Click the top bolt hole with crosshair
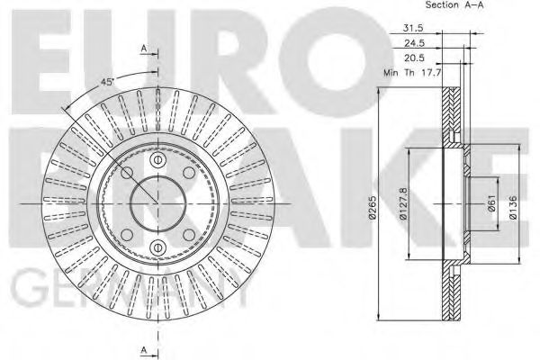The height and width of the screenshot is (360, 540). click(157, 160)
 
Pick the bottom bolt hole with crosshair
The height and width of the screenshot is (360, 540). click(157, 241)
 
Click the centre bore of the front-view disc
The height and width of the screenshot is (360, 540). click(157, 201)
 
